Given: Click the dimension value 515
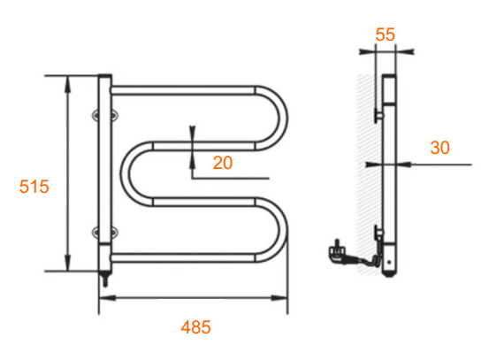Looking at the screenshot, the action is (34, 187).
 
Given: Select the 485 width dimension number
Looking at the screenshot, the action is (195, 327).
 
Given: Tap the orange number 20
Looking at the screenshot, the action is (223, 163).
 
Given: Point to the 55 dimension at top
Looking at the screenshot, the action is (386, 34).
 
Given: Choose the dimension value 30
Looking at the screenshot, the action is (440, 148).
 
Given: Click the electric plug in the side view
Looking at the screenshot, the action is (338, 252).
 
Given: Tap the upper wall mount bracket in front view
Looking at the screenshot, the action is (105, 115).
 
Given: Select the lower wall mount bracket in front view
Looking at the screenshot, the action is (105, 232).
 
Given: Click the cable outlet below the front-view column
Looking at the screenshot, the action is (105, 279).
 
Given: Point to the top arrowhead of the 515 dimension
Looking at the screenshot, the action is (67, 84).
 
